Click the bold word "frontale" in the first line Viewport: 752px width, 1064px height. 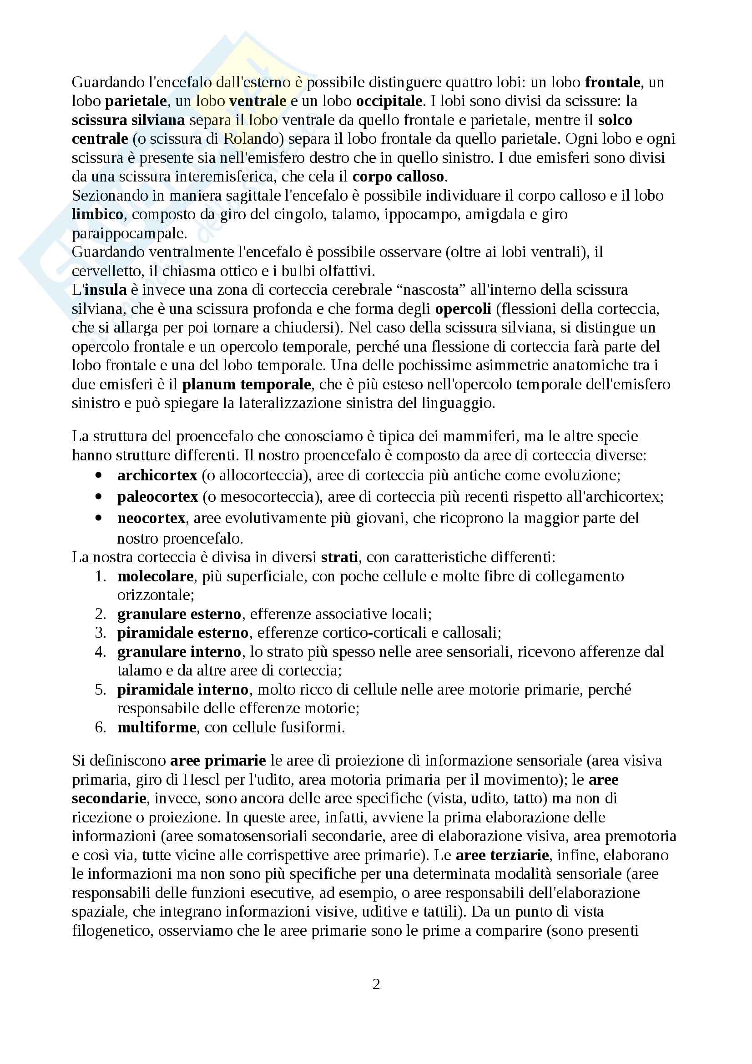tap(612, 82)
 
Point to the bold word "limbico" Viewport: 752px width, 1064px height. tap(97, 215)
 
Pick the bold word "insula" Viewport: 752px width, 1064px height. tap(105, 290)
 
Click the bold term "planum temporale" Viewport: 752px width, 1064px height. tap(247, 385)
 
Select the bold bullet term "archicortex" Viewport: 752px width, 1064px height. tap(157, 475)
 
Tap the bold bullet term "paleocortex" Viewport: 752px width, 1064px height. tap(157, 497)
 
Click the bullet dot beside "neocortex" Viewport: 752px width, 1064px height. tap(98, 518)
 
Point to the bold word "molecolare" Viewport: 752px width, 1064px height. tap(155, 576)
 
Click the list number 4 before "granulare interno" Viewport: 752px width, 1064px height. tap(100, 652)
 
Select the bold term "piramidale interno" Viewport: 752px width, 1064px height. tap(182, 690)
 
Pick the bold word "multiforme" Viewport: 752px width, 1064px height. tap(156, 727)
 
